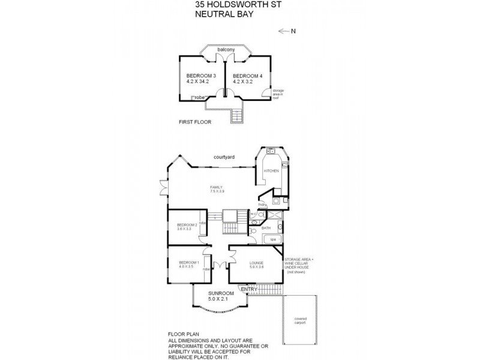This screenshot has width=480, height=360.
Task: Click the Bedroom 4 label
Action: click(247, 76)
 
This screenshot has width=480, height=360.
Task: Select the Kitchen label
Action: click(271, 172)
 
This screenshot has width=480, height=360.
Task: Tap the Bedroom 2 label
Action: click(187, 226)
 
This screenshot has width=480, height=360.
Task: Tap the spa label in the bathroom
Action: click(272, 240)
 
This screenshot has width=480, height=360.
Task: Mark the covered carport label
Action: click(301, 321)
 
